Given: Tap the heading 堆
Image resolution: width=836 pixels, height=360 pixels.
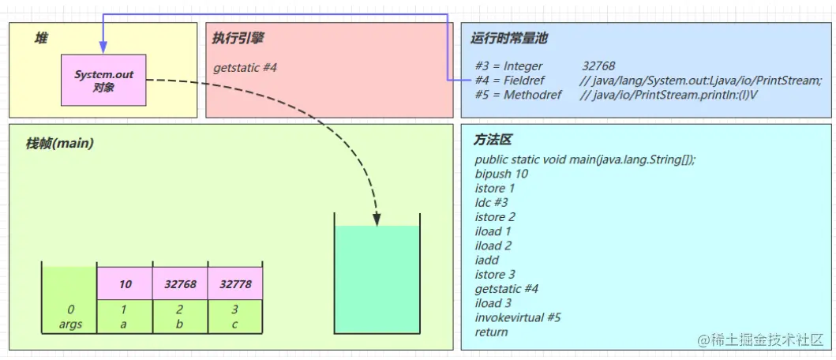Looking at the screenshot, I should (41, 38).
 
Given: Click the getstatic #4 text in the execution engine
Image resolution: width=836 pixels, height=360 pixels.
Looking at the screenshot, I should (246, 68).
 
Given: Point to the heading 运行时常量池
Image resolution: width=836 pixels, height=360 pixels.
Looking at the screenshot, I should (508, 38).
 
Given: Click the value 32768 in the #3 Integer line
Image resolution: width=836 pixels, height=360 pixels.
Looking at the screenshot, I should (598, 66).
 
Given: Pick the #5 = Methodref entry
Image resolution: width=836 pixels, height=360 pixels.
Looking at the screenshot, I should (519, 95).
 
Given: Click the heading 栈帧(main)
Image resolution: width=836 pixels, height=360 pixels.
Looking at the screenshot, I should (59, 143).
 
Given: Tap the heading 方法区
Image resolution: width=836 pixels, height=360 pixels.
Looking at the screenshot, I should (493, 140).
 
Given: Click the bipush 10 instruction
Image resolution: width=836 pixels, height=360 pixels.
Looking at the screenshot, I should (501, 174).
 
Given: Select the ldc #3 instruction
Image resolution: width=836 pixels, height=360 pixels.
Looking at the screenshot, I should (492, 202).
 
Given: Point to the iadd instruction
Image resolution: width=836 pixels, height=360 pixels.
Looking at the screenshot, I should (486, 260).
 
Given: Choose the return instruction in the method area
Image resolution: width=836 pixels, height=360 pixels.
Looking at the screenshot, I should (491, 332).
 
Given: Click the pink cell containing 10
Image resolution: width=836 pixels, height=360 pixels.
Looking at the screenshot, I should (125, 284).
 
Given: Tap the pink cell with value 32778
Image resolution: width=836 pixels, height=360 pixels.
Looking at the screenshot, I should (235, 284).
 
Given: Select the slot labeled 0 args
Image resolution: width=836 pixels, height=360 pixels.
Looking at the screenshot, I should (69, 317).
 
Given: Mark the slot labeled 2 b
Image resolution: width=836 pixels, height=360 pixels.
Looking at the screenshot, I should (180, 317).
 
